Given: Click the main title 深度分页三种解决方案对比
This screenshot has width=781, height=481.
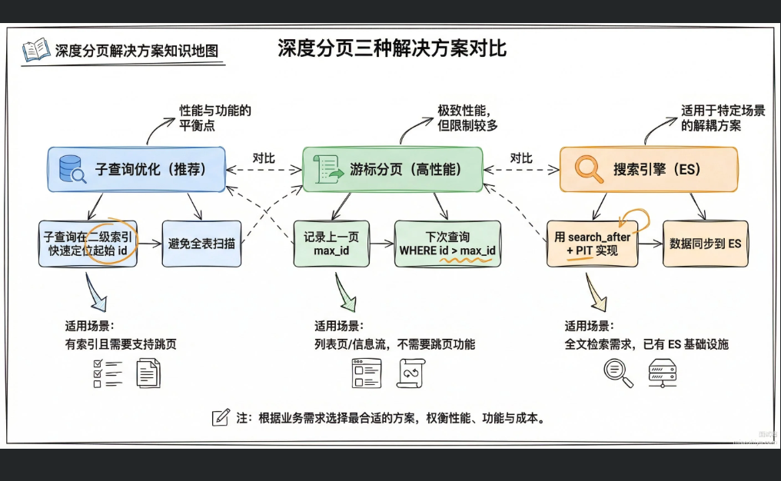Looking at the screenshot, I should pyautogui.click(x=392, y=48).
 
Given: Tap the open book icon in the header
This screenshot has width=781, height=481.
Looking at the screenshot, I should pyautogui.click(x=35, y=50).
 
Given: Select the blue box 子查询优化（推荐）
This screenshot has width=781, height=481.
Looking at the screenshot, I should pyautogui.click(x=137, y=169).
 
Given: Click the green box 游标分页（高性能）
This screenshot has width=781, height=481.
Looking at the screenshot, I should pyautogui.click(x=392, y=169).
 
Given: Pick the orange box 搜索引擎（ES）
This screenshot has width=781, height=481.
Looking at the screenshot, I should pyautogui.click(x=648, y=169).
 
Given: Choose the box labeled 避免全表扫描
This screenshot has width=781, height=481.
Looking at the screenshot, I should pyautogui.click(x=202, y=244).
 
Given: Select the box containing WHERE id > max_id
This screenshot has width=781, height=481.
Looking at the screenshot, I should pyautogui.click(x=447, y=244).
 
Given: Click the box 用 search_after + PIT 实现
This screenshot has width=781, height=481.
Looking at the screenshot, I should pyautogui.click(x=592, y=244).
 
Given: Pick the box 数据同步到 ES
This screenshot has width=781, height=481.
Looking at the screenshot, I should pyautogui.click(x=705, y=244).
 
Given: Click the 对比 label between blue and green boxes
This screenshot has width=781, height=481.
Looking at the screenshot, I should pyautogui.click(x=264, y=158).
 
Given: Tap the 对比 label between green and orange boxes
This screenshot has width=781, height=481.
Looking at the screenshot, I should pyautogui.click(x=520, y=158).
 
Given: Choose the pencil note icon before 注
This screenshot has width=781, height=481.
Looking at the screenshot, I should pyautogui.click(x=221, y=418).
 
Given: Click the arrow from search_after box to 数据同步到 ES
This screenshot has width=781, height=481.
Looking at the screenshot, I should pyautogui.click(x=650, y=244).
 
